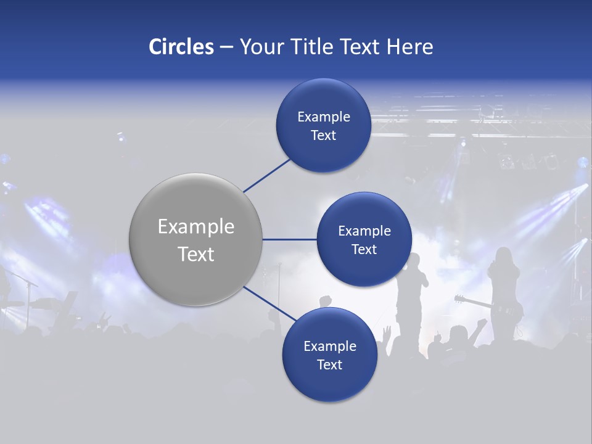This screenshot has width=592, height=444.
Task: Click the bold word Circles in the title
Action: (x=181, y=47)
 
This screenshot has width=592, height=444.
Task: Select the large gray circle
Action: (x=195, y=239)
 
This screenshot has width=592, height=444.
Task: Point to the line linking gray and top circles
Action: (x=266, y=175)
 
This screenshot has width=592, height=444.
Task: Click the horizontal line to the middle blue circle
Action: (x=290, y=239)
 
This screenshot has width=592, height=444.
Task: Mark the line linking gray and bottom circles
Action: (x=269, y=304)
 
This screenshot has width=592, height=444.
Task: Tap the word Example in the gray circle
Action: (x=195, y=227)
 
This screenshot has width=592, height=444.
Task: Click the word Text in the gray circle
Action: (x=195, y=254)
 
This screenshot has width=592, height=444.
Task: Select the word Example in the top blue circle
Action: (x=323, y=117)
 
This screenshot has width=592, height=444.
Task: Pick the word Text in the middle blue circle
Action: (x=364, y=250)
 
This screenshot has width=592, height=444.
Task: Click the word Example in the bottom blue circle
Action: (x=329, y=347)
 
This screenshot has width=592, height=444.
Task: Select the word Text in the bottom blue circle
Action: (x=329, y=365)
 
